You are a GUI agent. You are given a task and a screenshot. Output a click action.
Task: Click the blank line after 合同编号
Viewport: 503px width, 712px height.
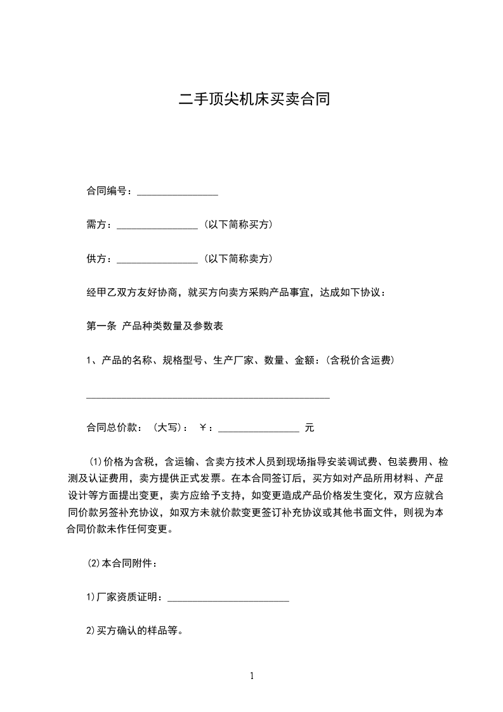(x=178, y=192)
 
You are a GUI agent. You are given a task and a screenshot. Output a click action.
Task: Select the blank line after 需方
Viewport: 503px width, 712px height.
(x=158, y=225)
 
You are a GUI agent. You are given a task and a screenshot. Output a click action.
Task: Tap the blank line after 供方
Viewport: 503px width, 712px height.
(x=158, y=260)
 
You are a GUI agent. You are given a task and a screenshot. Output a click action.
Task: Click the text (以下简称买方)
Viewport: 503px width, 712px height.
(x=238, y=225)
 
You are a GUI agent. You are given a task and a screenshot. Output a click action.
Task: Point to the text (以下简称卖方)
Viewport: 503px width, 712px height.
(x=238, y=259)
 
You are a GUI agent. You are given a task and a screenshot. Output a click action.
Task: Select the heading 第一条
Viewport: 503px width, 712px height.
(x=101, y=327)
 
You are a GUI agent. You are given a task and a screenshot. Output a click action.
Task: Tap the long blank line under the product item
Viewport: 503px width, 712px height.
(x=207, y=397)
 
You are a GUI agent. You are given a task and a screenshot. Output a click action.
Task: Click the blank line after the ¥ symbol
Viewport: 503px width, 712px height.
(x=259, y=430)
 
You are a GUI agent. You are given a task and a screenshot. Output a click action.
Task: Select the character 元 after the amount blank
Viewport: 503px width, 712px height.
(x=310, y=428)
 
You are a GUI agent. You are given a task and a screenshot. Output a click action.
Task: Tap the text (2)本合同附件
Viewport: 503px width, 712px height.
(x=121, y=563)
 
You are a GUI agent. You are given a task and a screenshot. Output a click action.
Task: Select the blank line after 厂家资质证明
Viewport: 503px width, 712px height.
(x=228, y=598)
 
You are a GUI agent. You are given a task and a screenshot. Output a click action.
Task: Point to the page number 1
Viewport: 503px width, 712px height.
(x=252, y=676)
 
